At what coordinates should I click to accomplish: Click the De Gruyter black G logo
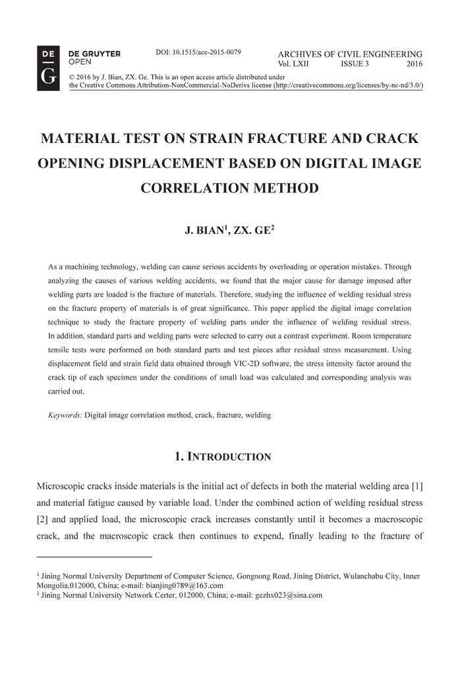48,69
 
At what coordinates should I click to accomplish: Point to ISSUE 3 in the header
355,64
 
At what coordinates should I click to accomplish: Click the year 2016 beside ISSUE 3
415,64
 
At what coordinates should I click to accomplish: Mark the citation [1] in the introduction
417,486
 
